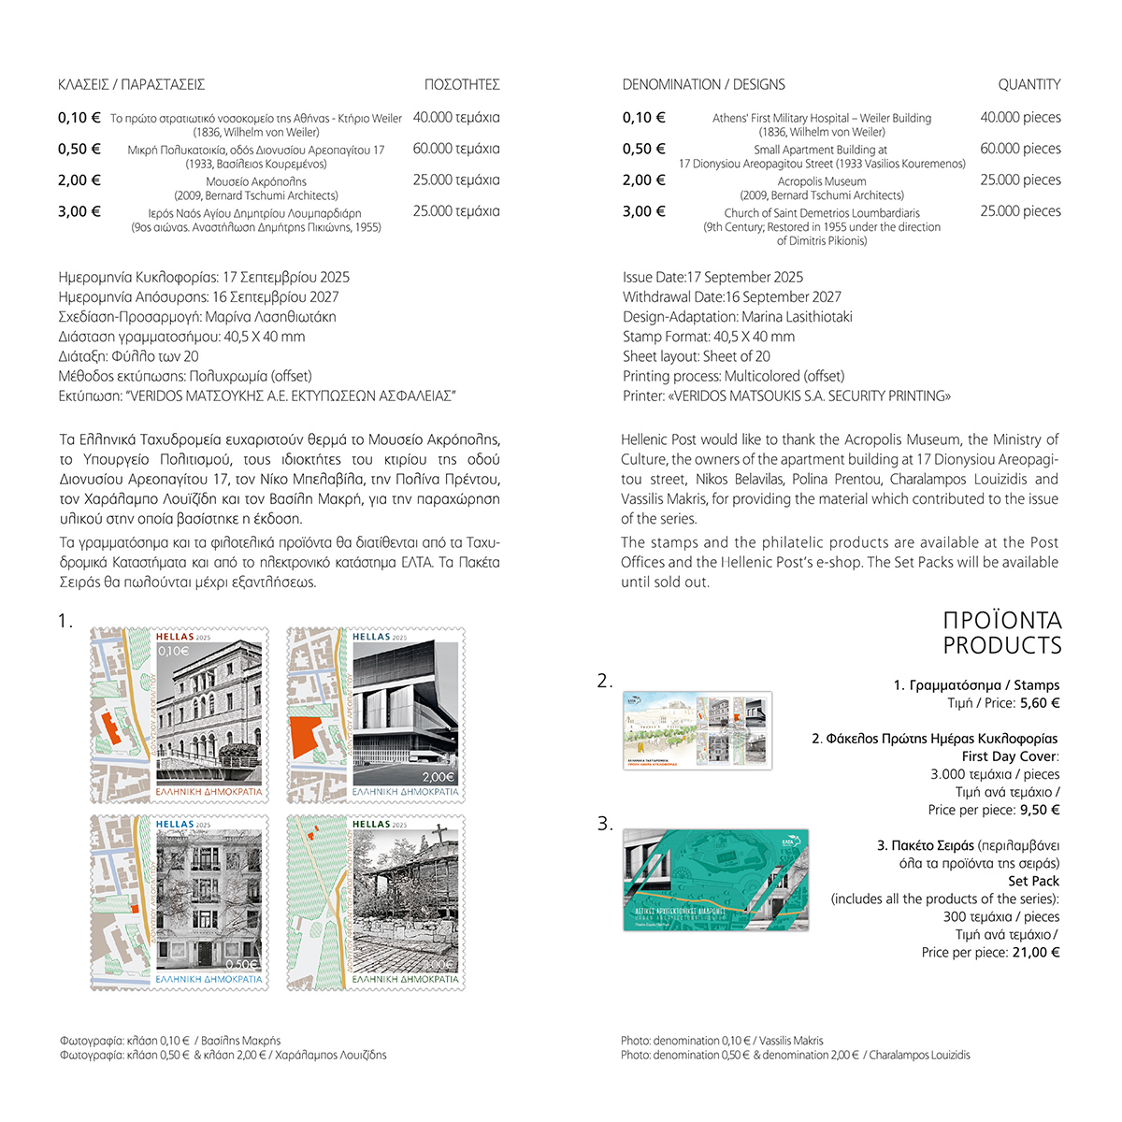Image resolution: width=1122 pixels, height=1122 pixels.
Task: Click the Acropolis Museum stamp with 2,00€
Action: point(375,715)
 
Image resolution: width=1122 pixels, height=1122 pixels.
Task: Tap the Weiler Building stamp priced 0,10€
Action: point(180,715)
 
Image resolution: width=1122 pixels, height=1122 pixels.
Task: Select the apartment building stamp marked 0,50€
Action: point(180,902)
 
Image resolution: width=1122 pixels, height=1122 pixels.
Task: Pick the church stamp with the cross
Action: point(375,902)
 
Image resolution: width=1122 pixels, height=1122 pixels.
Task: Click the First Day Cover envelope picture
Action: point(698,730)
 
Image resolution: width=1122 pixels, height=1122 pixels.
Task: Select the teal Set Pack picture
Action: point(715,879)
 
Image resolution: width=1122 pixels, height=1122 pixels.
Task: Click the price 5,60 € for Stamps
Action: point(1041,703)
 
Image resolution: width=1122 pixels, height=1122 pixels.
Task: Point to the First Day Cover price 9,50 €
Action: point(1041,810)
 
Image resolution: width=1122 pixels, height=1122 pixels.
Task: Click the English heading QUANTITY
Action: point(1028,85)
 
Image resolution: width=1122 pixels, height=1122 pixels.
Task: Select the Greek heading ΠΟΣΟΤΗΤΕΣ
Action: point(462,85)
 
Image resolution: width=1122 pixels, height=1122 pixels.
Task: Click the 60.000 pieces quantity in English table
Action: point(1020,149)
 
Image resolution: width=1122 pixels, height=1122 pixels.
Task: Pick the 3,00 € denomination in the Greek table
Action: point(79,211)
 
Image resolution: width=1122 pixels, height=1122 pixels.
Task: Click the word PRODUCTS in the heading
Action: point(1001,645)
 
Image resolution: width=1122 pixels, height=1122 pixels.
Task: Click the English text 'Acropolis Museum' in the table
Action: point(822,181)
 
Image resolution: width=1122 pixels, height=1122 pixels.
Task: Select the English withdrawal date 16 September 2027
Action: point(784,297)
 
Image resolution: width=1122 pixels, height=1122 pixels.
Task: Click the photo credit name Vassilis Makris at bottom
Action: point(791,1041)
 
